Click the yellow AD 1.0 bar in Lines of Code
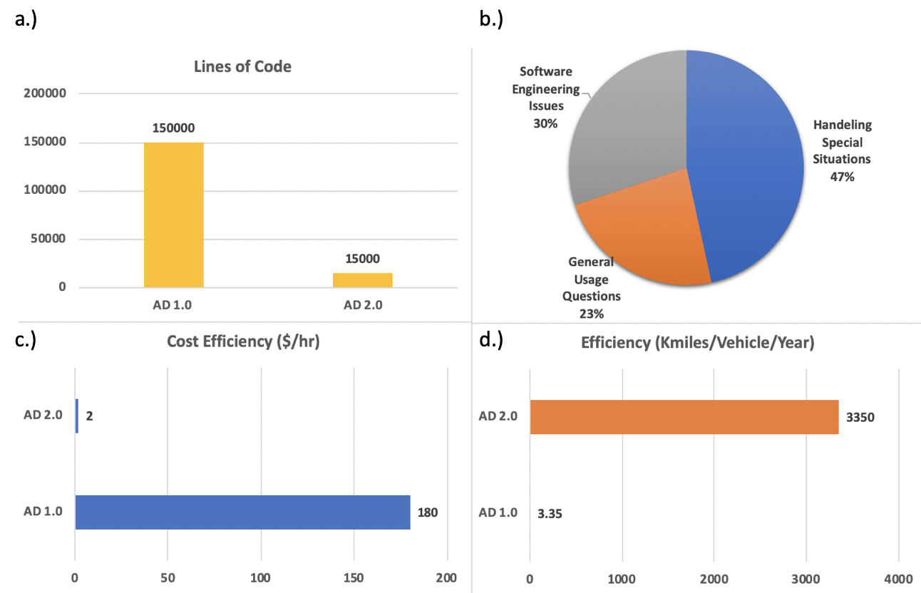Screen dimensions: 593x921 [x=173, y=215]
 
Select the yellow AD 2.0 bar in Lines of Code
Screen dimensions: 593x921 [x=362, y=280]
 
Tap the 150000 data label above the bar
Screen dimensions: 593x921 [x=173, y=128]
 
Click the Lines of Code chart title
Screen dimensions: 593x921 [x=242, y=67]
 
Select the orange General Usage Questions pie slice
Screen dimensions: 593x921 [x=642, y=235]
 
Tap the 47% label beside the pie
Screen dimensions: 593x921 [x=841, y=177]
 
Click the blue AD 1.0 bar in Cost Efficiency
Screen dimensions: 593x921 [x=242, y=512]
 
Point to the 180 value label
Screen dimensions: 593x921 [x=428, y=512]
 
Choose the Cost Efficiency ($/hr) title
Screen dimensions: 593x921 [x=243, y=341]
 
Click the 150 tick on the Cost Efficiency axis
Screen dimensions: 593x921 [x=354, y=577]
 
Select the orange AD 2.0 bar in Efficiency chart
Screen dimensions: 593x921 [x=684, y=417]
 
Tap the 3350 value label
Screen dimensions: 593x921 [x=860, y=417]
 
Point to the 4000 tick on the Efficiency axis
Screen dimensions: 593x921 [x=898, y=577]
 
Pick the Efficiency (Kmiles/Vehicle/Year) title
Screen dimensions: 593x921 [x=697, y=341]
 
